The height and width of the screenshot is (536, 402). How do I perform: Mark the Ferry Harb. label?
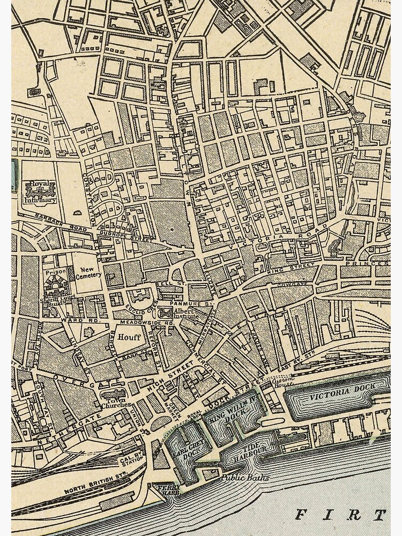click(x=162, y=489)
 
